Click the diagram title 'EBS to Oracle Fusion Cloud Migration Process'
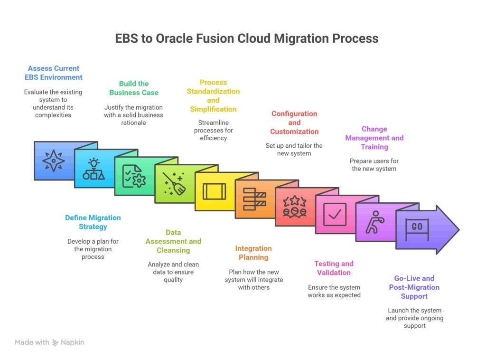(247, 38)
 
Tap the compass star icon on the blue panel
(54, 161)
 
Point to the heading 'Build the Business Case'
(134, 88)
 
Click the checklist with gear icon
(134, 176)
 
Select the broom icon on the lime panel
(174, 183)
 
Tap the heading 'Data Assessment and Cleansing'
(173, 241)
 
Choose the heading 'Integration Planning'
(253, 253)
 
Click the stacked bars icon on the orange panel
(254, 199)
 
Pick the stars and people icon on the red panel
(294, 206)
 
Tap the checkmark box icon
(335, 214)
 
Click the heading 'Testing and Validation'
(334, 268)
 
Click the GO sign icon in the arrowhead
(417, 227)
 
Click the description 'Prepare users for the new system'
(374, 165)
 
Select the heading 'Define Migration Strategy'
(93, 222)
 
